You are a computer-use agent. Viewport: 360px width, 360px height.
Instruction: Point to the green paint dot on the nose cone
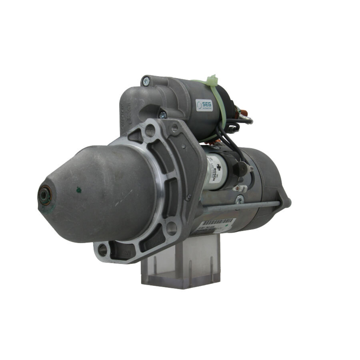[x=78, y=189]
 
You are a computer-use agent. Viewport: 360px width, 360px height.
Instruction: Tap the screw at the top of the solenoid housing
[x=146, y=81]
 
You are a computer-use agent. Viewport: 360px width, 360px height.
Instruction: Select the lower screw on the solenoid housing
[x=163, y=115]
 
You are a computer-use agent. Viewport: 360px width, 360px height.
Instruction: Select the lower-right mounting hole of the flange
[x=172, y=228]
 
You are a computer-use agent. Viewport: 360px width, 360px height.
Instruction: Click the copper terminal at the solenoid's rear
[x=245, y=116]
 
